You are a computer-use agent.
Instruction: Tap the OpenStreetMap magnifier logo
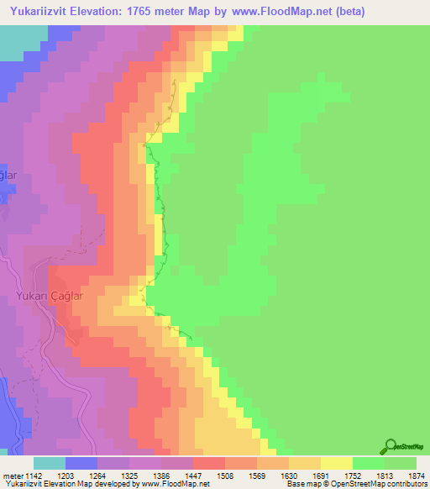(390, 447)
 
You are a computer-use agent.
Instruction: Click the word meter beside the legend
(13, 476)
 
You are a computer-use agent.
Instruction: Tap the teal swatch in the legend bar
(50, 463)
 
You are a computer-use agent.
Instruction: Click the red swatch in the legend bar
(209, 463)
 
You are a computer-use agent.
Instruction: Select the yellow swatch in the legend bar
(337, 463)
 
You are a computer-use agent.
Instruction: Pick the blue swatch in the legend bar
(81, 463)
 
